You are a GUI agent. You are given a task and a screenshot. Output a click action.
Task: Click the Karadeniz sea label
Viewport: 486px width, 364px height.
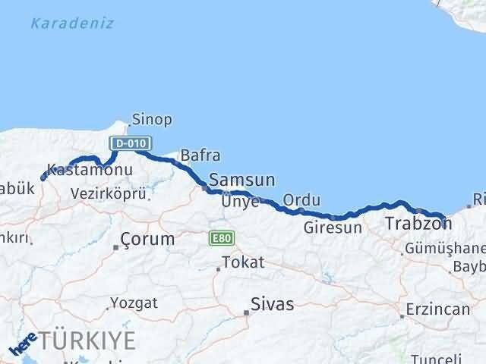click(x=72, y=23)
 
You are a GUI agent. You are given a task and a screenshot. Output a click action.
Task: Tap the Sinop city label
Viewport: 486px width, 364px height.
click(x=152, y=119)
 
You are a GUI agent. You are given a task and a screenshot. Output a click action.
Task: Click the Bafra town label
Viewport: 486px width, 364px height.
click(x=200, y=155)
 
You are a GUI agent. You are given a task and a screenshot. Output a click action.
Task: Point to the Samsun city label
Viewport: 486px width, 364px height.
click(x=242, y=180)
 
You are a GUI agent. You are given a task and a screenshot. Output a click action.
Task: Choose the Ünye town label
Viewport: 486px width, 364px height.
click(x=241, y=202)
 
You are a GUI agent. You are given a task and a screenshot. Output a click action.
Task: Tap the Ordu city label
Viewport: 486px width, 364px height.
click(x=301, y=199)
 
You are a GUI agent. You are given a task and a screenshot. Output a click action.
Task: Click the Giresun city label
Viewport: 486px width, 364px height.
click(x=333, y=227)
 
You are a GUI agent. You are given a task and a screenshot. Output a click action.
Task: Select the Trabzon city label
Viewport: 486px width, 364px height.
click(x=418, y=224)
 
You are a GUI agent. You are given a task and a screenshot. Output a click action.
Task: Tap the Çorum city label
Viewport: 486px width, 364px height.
click(x=147, y=239)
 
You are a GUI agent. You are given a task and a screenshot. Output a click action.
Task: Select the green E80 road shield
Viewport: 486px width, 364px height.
click(x=220, y=238)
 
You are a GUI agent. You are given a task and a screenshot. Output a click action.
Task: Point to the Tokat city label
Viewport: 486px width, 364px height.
click(x=243, y=263)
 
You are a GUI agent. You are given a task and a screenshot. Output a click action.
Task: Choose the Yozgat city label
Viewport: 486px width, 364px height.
click(x=134, y=303)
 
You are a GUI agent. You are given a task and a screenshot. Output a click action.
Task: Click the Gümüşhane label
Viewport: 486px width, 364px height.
click(x=445, y=249)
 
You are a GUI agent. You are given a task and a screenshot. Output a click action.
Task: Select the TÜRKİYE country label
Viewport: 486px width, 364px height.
click(x=89, y=338)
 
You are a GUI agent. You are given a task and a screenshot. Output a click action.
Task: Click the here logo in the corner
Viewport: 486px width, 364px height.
click(x=23, y=346)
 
